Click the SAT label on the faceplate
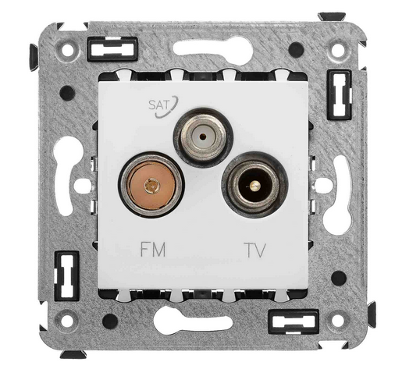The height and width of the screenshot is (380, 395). point(158,105)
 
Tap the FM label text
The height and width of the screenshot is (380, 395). point(153,249)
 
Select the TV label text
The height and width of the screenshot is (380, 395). point(254,250)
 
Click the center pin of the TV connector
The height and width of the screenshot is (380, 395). point(255,186)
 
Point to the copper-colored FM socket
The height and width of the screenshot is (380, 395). point(152,185)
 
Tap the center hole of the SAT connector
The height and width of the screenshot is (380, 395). point(203,136)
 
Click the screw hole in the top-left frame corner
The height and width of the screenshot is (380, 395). point(68,50)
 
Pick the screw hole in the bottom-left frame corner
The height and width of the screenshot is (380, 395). point(67,321)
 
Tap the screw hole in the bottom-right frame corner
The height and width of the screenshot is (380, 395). point(338,321)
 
